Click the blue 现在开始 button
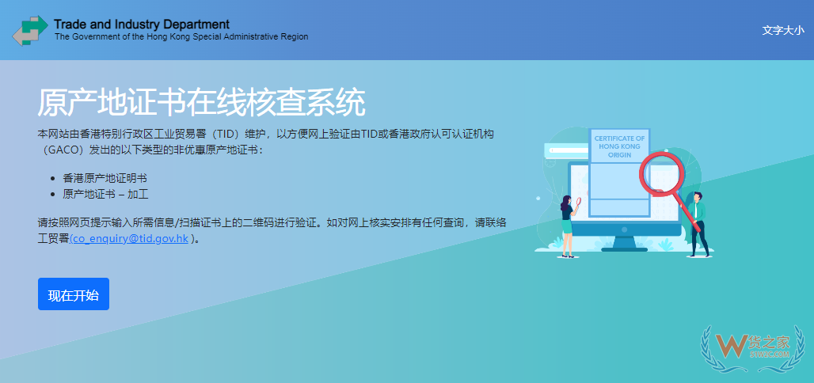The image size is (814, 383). click(x=74, y=294)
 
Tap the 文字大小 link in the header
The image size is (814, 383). click(x=782, y=30)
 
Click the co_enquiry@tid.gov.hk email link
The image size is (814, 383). click(x=130, y=237)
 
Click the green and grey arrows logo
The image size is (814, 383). click(x=30, y=31)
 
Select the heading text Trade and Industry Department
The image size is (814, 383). click(x=142, y=24)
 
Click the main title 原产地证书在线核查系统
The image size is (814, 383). click(x=201, y=103)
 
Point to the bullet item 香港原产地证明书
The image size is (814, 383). click(x=105, y=178)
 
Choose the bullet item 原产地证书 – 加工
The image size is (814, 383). click(x=106, y=194)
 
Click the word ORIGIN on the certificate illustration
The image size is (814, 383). click(x=620, y=156)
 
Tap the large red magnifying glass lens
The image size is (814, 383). click(x=661, y=172)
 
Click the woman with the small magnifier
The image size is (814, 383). click(x=567, y=226)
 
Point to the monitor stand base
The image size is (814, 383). click(x=624, y=248)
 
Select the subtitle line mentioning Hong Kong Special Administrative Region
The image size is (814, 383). click(x=181, y=37)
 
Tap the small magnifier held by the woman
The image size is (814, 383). click(x=579, y=202)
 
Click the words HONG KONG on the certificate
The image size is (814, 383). click(x=620, y=147)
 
